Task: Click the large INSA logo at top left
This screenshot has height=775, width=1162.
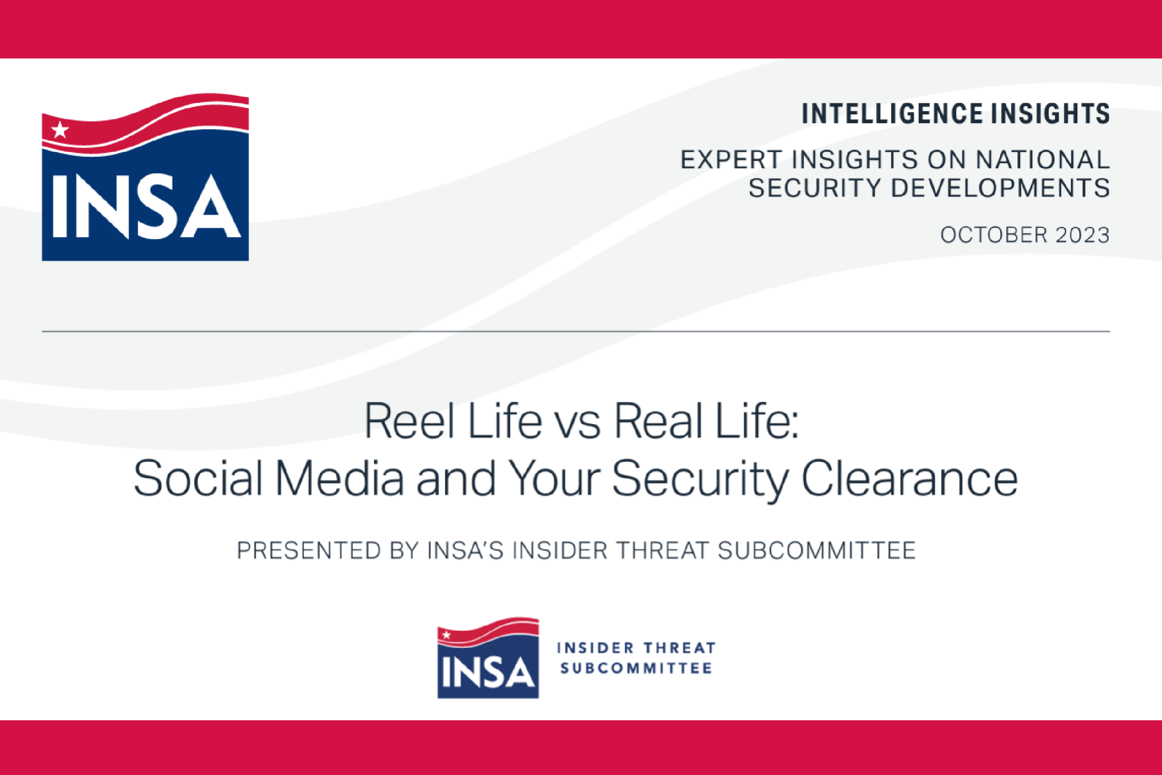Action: coord(145,177)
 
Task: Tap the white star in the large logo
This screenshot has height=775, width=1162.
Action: coord(60,130)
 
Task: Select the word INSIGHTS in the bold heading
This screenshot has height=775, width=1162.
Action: coord(1051,114)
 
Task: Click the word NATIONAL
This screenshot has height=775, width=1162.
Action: coord(1043,159)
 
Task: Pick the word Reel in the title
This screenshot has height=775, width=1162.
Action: coord(409,421)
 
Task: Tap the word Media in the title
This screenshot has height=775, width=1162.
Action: coord(340,477)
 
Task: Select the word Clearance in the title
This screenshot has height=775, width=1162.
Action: coord(910,477)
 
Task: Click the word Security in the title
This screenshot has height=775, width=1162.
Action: coord(700,480)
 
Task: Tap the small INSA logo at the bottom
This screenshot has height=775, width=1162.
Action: coord(488,657)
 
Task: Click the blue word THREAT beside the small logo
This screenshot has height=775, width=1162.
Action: coord(680,648)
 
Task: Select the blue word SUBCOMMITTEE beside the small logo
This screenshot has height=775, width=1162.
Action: coord(636,668)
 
